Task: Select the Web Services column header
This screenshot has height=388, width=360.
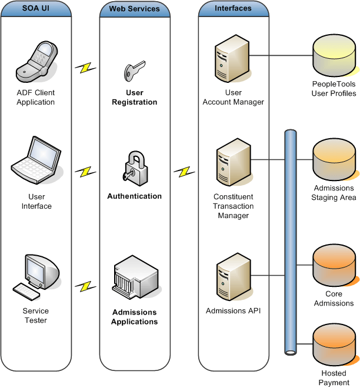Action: tap(134, 9)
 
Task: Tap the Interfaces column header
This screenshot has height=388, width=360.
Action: tap(233, 9)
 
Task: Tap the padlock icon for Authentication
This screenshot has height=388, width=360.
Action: tap(135, 168)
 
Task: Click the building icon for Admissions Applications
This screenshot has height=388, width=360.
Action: tap(134, 276)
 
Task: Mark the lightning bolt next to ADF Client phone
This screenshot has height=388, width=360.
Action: tap(86, 68)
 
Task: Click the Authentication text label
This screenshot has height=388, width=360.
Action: tap(134, 196)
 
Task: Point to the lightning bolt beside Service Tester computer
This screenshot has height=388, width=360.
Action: tap(86, 286)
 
